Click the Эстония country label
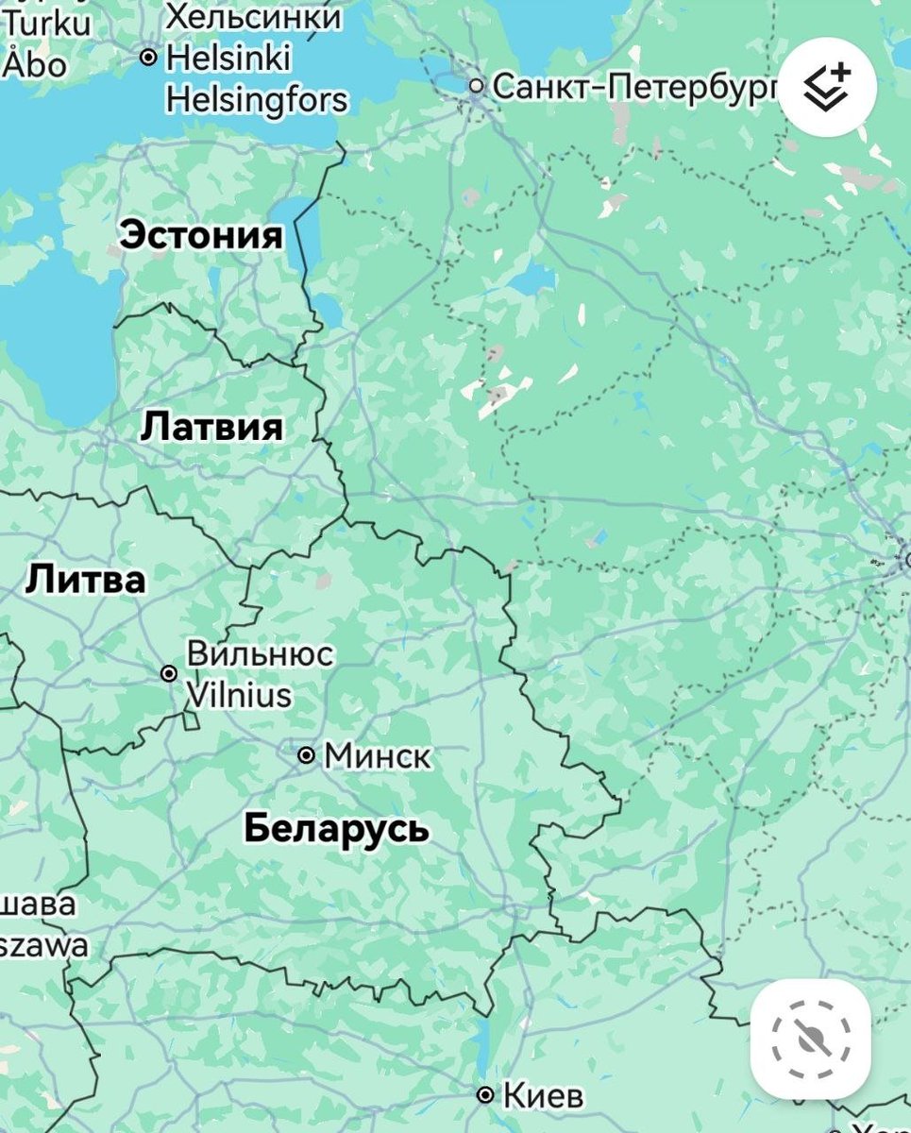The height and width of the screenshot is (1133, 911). [201, 235]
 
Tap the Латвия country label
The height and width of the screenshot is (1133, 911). [211, 427]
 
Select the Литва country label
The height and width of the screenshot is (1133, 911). [85, 579]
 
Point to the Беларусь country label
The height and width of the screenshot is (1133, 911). [336, 828]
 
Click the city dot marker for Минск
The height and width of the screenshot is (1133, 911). [306, 755]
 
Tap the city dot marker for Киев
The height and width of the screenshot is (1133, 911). [485, 1095]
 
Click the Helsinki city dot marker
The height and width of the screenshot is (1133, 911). [148, 58]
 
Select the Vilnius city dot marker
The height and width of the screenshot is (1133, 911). [169, 673]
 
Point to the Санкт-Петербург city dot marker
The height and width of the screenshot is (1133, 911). [477, 87]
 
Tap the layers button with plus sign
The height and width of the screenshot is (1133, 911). [827, 87]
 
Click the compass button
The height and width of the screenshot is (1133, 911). [810, 1039]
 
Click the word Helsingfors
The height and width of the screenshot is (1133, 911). [257, 99]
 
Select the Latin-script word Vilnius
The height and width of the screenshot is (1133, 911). [239, 696]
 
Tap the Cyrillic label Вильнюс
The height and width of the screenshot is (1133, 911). [260, 653]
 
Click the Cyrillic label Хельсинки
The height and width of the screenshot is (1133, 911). [253, 16]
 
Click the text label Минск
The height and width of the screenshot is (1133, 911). [378, 756]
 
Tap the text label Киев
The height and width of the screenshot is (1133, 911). [543, 1096]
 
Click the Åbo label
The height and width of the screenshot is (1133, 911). [36, 64]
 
